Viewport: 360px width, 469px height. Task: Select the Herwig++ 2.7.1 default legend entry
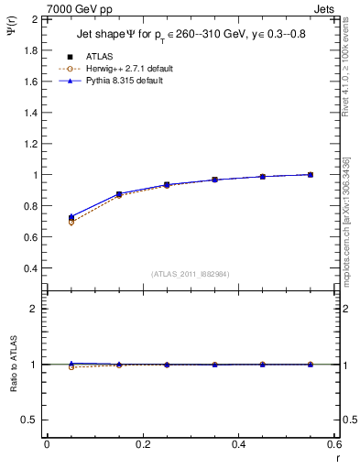[128, 69]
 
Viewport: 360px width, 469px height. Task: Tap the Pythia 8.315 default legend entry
[125, 81]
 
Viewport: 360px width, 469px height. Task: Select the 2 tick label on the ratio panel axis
[33, 309]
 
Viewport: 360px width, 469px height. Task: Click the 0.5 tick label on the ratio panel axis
[29, 420]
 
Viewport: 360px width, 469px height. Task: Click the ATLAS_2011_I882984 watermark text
[189, 274]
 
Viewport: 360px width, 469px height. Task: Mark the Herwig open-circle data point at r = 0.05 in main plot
[71, 222]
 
